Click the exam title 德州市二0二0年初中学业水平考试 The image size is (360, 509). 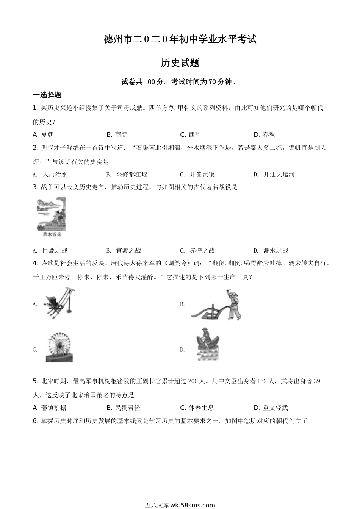(180, 39)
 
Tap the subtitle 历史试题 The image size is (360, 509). (180, 63)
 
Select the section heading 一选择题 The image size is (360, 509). (47, 95)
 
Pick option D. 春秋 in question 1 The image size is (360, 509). (264, 134)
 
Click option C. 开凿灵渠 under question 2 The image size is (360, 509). (197, 175)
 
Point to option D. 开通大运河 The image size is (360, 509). (274, 175)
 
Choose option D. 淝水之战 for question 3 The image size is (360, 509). (271, 250)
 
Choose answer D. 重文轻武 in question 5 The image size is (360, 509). (271, 408)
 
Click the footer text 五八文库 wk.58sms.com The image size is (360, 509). (180, 505)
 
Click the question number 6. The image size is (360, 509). (35, 420)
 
